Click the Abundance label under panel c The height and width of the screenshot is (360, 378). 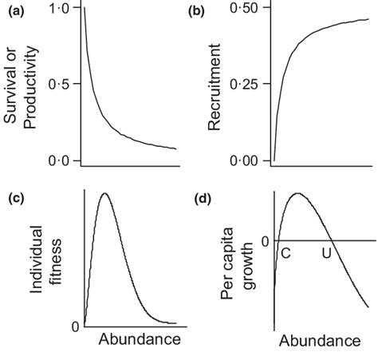(x=140, y=340)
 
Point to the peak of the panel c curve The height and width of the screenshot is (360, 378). (x=103, y=194)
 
